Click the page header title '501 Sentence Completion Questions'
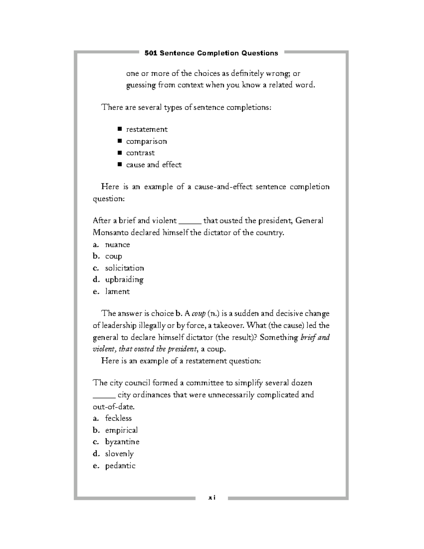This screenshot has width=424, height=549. coord(211,53)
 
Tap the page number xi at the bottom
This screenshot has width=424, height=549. coord(212,497)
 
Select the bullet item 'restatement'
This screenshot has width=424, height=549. coord(147,129)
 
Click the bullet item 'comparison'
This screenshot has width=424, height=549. coord(146,141)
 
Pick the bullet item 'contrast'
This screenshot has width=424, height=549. coord(140,153)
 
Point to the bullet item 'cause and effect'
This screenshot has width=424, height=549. coord(154,165)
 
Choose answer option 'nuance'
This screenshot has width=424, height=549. coord(117,245)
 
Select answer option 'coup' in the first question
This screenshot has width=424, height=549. coord(113,256)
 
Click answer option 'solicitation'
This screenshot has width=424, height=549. coord(124,268)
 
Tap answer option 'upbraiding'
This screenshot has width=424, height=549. coord(124,280)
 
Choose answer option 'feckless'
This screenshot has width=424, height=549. coord(118,418)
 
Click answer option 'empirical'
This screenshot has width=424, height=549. coord(121,430)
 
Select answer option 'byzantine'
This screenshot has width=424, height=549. coord(122,442)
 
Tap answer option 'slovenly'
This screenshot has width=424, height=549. coord(119,454)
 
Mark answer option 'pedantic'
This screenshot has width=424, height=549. coord(120,466)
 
